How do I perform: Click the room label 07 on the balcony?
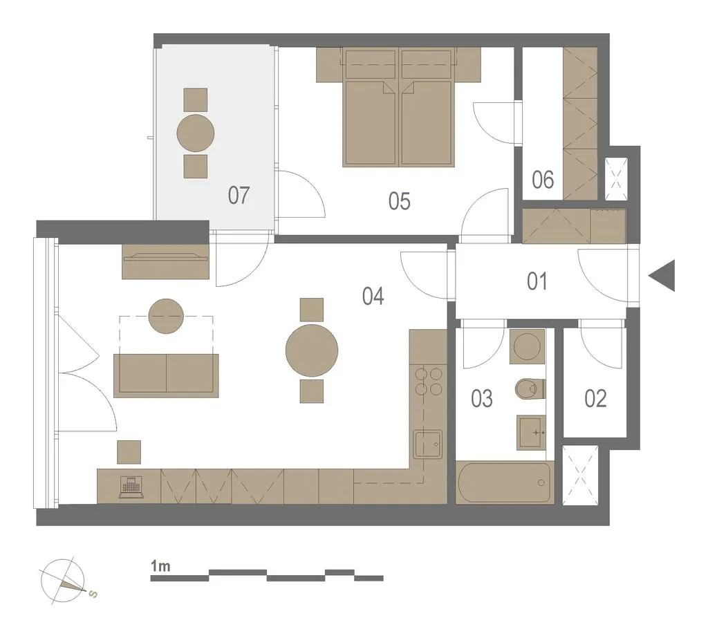point(239,196)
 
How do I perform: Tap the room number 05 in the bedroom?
point(399,201)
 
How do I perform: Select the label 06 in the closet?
point(542,180)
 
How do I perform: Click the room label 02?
point(595,399)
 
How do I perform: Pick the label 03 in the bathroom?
point(481,399)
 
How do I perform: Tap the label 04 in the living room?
point(373,297)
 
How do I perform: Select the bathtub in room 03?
point(503,482)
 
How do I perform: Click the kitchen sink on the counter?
point(427,444)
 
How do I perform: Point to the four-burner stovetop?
point(428,382)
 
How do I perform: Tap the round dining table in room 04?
point(312,350)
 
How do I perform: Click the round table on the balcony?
point(196,133)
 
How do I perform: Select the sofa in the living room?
point(166,375)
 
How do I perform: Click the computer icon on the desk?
point(131,488)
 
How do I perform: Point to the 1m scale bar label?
point(160,565)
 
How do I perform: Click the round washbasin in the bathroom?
point(527,346)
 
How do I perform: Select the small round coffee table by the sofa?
point(166,316)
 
